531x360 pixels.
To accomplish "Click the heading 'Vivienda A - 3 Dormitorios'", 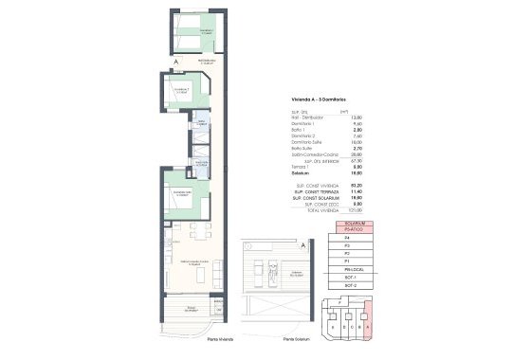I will click(319, 99).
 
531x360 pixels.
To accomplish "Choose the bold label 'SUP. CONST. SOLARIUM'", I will click(313, 195).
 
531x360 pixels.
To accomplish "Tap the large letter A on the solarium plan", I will click(302, 244).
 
